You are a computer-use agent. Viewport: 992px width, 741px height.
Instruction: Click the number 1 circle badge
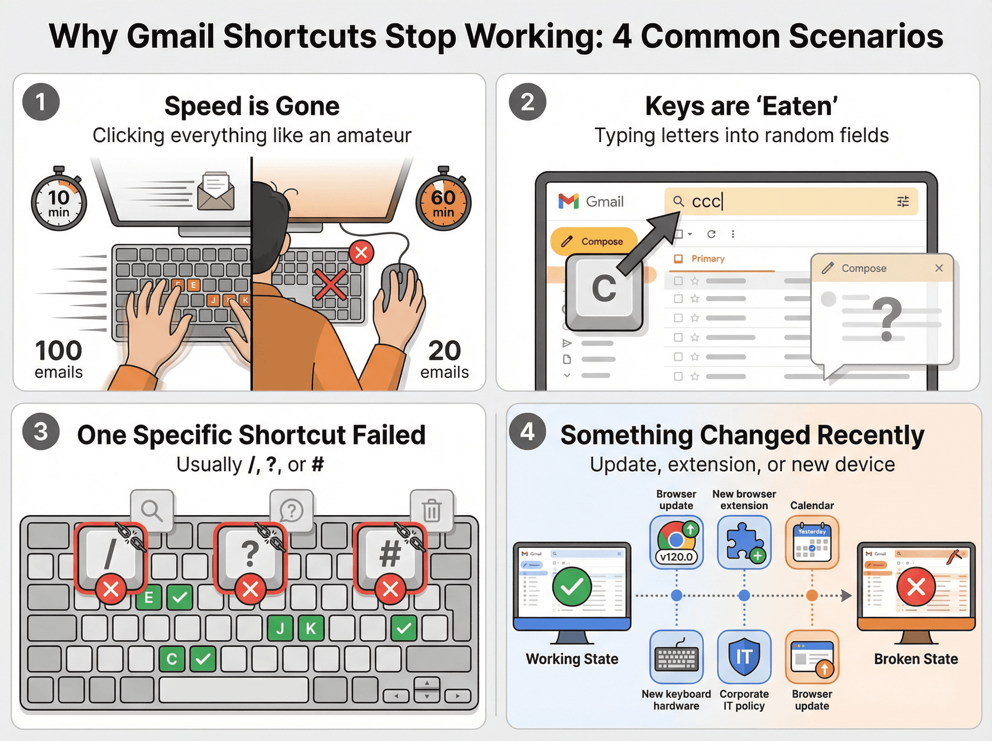pos(41,102)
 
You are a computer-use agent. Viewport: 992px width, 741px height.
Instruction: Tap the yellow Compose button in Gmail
pos(594,241)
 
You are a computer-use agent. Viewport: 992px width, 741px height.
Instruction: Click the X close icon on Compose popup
pos(939,268)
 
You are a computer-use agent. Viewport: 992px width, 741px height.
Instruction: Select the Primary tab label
pos(707,259)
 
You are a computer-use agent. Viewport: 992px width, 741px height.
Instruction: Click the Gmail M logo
pos(568,201)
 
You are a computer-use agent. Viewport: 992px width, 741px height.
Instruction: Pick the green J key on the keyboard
pos(280,628)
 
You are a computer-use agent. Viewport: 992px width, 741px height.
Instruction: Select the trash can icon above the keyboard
pos(432,511)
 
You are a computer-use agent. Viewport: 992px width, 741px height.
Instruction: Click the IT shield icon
pos(744,657)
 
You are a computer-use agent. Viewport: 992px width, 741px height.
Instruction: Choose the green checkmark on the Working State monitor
pos(572,586)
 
